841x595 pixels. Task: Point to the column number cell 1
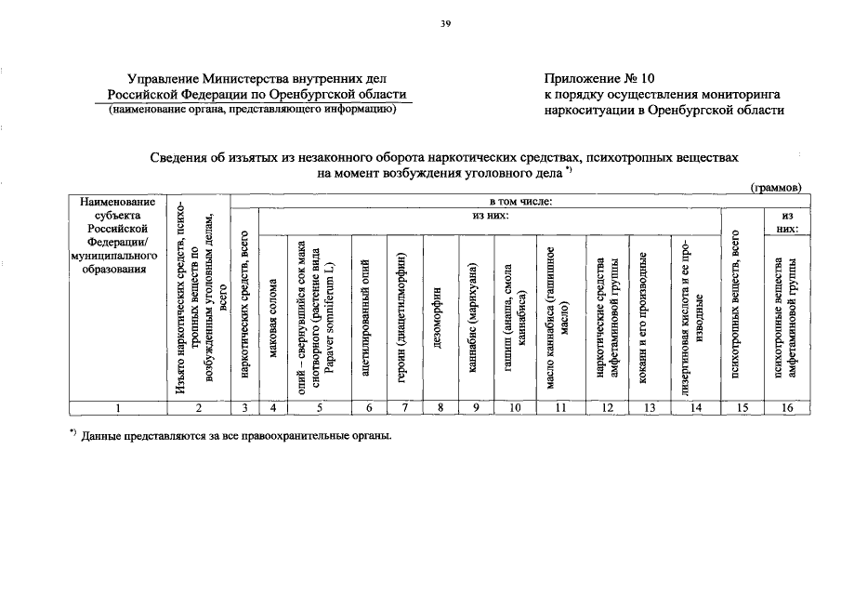[x=117, y=407]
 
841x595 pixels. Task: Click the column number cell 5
[x=319, y=407]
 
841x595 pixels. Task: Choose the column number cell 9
[x=474, y=407]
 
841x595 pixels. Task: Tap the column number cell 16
[x=787, y=407]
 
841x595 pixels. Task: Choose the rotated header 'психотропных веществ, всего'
[x=740, y=307]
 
